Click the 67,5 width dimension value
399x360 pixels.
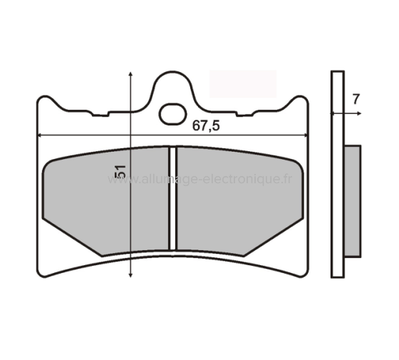pyautogui.click(x=207, y=125)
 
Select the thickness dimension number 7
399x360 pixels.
pyautogui.click(x=355, y=100)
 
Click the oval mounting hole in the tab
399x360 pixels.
pyautogui.click(x=172, y=113)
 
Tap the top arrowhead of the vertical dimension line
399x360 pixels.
pyautogui.click(x=131, y=74)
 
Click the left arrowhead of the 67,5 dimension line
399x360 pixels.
pyautogui.click(x=40, y=135)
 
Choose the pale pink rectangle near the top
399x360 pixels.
pyautogui.click(x=242, y=83)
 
